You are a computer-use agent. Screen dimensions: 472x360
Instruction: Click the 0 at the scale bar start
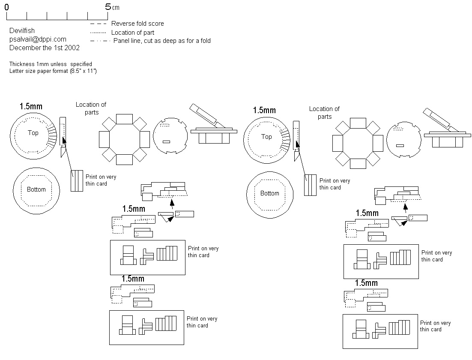pyautogui.click(x=6, y=7)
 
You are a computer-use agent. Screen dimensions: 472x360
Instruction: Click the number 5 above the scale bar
pyautogui.click(x=108, y=7)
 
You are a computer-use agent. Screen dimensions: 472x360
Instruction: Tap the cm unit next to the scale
pyautogui.click(x=116, y=8)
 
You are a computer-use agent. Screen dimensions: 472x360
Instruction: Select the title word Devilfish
pyautogui.click(x=22, y=31)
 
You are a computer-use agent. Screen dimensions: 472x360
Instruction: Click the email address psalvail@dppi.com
pyautogui.click(x=38, y=39)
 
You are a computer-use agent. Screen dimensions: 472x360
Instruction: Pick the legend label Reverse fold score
pyautogui.click(x=137, y=24)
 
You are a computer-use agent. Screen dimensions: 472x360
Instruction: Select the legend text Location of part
pyautogui.click(x=133, y=33)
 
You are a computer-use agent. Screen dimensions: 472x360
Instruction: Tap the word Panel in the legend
pyautogui.click(x=120, y=41)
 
